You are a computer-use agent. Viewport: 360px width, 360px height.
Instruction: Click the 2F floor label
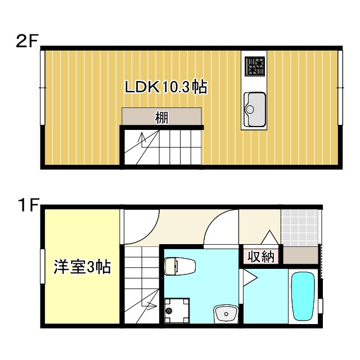(26, 42)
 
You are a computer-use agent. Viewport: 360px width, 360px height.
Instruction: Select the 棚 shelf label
(161, 118)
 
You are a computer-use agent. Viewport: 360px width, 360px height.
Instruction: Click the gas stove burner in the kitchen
(254, 67)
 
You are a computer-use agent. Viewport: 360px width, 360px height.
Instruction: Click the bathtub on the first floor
(303, 298)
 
